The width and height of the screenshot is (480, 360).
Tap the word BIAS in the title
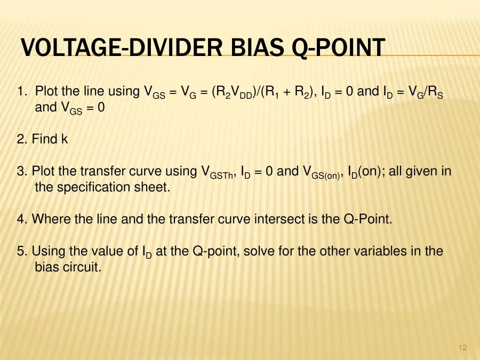coord(257,49)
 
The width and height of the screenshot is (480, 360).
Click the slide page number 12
coord(462,348)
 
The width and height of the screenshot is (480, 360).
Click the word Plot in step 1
coord(46,91)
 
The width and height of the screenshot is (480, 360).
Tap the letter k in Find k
coord(65,139)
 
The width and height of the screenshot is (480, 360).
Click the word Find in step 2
coord(45,139)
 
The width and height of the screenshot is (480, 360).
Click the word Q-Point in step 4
coord(370,219)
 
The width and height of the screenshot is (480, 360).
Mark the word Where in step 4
coord(48,219)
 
